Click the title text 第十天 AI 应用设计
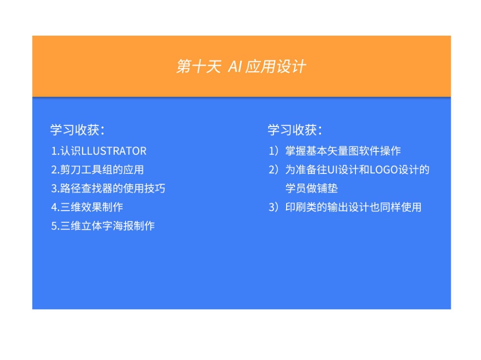[241, 66]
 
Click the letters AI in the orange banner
[235, 66]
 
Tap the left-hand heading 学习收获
[77, 130]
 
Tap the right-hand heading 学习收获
[295, 130]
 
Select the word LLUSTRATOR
[114, 151]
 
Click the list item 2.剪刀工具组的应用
[97, 169]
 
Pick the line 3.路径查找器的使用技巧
[108, 189]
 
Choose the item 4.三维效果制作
[87, 207]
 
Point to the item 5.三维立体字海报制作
[103, 226]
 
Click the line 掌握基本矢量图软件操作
[343, 150]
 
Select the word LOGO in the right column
[384, 169]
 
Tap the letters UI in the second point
[332, 169]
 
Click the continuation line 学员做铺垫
[312, 189]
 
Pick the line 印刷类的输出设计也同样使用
[353, 207]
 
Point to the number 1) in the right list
[273, 150]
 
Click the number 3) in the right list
[273, 207]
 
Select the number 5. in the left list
[55, 226]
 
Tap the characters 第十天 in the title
[198, 66]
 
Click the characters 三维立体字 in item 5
[86, 226]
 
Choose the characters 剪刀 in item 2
[70, 169]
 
